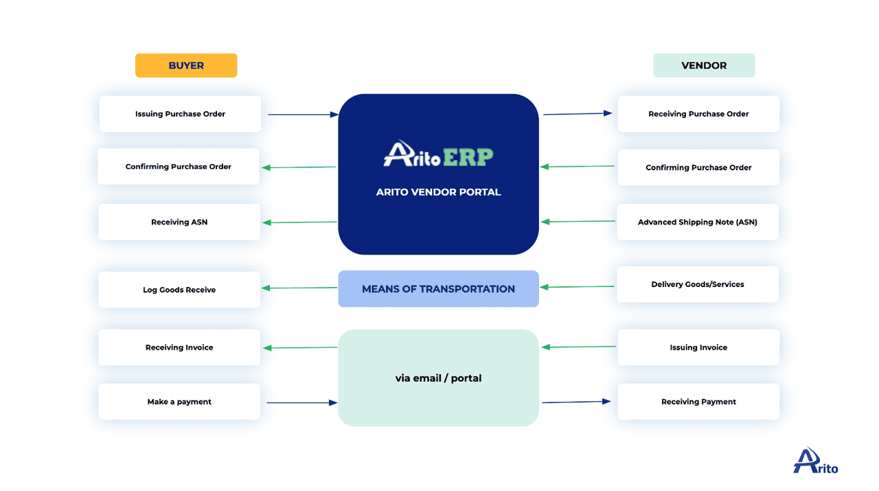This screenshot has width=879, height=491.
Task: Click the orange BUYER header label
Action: pyautogui.click(x=186, y=66)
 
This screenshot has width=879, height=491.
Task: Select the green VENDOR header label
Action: pyautogui.click(x=704, y=66)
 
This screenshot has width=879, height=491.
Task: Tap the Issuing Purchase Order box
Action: pyautogui.click(x=180, y=114)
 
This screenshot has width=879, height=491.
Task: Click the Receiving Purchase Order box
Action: pyautogui.click(x=698, y=114)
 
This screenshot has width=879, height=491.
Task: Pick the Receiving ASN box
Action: pyautogui.click(x=179, y=222)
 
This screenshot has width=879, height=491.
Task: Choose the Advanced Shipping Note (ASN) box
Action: pyautogui.click(x=698, y=222)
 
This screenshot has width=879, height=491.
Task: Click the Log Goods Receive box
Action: pyautogui.click(x=179, y=290)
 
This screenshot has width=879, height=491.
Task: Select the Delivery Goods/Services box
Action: pyautogui.click(x=698, y=284)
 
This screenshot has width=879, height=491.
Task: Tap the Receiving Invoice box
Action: pyautogui.click(x=179, y=347)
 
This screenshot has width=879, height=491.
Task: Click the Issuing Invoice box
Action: pyautogui.click(x=698, y=347)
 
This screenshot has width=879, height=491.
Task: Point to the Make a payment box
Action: pyautogui.click(x=179, y=402)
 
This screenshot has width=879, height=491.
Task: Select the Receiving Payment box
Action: pyautogui.click(x=698, y=402)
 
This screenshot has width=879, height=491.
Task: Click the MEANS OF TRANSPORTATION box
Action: pyautogui.click(x=438, y=289)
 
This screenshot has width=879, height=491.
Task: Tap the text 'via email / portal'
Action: pyautogui.click(x=438, y=378)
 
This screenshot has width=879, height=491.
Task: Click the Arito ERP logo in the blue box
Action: pyautogui.click(x=438, y=155)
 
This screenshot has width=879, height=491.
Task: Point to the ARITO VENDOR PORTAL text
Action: pyautogui.click(x=438, y=192)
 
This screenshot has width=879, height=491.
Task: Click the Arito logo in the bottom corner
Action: pyautogui.click(x=816, y=461)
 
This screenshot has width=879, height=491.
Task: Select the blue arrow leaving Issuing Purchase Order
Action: pyautogui.click(x=303, y=115)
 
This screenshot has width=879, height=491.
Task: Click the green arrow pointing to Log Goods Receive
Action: pyautogui.click(x=299, y=288)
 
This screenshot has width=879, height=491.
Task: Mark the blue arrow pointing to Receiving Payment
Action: pyautogui.click(x=576, y=402)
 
